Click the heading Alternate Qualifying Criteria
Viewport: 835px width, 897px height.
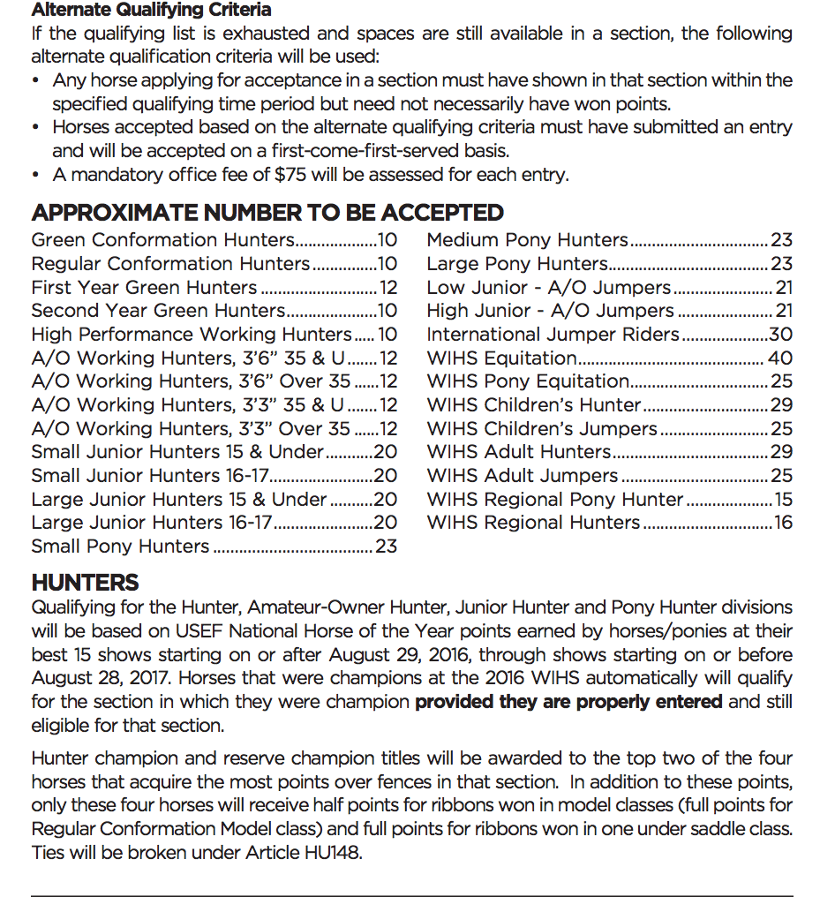(151, 11)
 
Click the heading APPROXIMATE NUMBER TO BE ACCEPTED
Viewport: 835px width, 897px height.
(267, 213)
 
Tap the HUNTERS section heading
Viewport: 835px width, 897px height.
(85, 583)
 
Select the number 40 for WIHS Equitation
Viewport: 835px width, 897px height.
(780, 358)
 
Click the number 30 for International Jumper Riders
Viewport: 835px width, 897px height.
(780, 335)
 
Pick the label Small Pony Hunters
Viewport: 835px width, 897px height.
(120, 546)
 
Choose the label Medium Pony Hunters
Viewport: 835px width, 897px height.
(527, 240)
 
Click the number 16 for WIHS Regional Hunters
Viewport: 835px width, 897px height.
(783, 523)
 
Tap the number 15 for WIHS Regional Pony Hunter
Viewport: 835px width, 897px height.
(783, 500)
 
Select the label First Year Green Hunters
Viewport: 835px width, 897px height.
(144, 288)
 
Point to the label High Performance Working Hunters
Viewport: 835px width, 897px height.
(192, 335)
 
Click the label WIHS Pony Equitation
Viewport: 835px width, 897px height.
(528, 382)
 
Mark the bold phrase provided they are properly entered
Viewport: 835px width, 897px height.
(568, 703)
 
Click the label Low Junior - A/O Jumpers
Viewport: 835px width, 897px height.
(548, 288)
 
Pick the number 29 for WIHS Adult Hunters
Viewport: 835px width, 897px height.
(780, 452)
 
